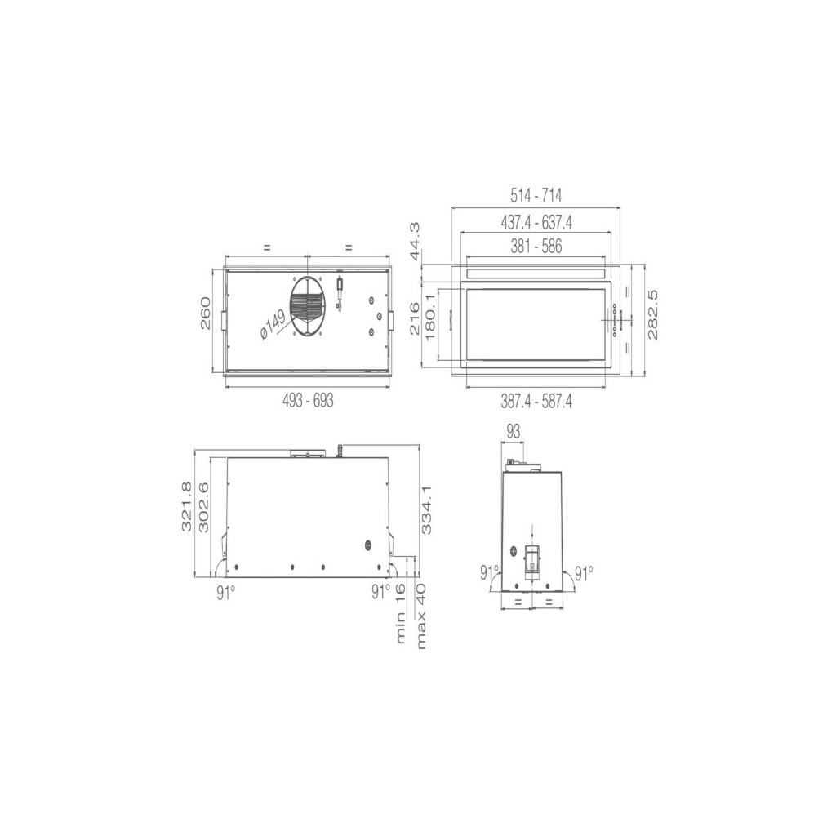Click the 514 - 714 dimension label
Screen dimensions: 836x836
point(536,196)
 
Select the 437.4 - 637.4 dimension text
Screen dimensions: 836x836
point(536,222)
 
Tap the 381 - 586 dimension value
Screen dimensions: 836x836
point(536,247)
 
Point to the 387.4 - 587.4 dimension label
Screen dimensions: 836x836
point(536,401)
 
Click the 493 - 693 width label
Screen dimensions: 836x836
point(308,401)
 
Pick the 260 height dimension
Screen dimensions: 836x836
point(205,313)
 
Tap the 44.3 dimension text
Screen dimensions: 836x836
point(415,241)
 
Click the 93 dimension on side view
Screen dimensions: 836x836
point(513,431)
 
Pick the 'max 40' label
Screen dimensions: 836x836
point(420,616)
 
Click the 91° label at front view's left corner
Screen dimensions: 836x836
point(226,592)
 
